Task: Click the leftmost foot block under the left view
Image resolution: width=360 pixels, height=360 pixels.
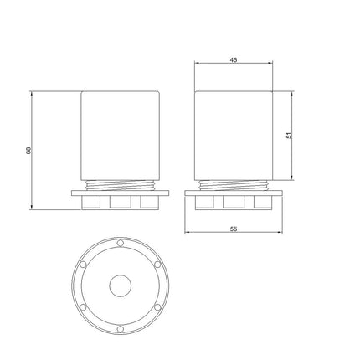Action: point(91,203)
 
